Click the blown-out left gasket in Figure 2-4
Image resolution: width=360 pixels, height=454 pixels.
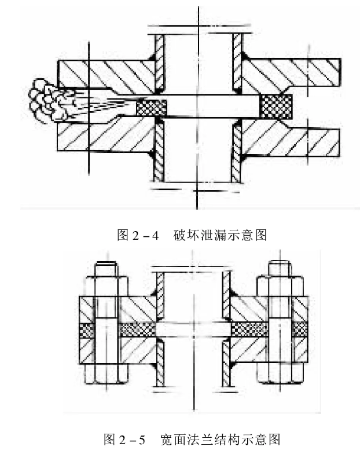click(152, 107)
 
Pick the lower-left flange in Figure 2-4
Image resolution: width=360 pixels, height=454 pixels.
click(104, 137)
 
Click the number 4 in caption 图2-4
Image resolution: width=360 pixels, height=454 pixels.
click(156, 235)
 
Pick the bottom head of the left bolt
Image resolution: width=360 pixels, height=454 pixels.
click(104, 375)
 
